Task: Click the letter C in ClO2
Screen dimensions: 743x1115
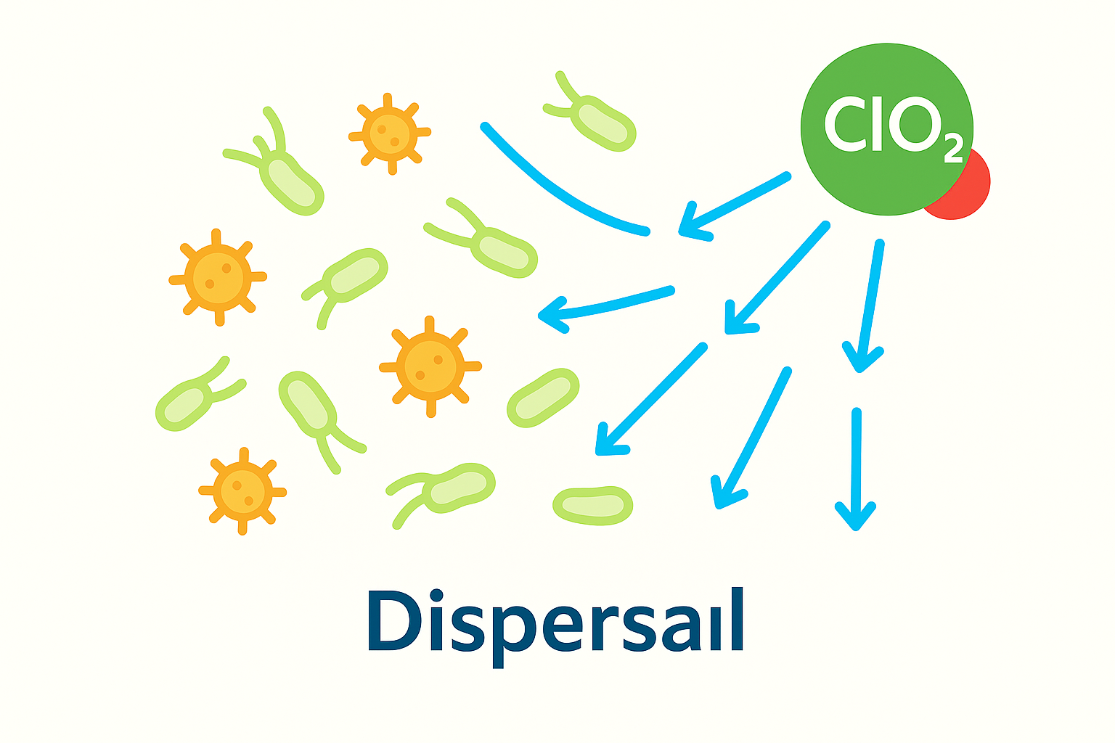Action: [x=843, y=125]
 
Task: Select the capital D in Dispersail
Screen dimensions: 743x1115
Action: [x=396, y=622]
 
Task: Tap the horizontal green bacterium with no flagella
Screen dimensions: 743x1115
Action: [x=592, y=505]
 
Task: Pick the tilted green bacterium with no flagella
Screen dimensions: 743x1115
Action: [x=543, y=398]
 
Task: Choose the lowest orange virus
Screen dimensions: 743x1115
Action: [x=242, y=492]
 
